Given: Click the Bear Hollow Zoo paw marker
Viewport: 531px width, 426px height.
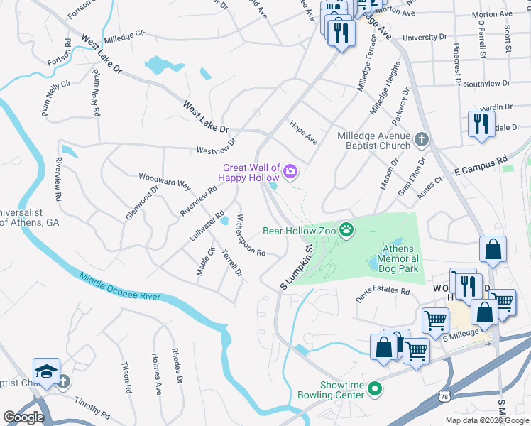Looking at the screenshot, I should pyautogui.click(x=346, y=229).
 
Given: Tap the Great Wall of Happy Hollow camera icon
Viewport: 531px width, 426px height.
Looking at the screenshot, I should pyautogui.click(x=290, y=171).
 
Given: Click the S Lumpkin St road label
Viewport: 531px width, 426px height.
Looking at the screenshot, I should pyautogui.click(x=297, y=267).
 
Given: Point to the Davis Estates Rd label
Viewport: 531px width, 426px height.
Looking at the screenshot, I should pyautogui.click(x=383, y=291).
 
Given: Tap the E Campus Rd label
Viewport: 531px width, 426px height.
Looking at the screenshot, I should pyautogui.click(x=482, y=165).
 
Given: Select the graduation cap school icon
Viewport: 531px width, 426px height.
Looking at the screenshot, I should pyautogui.click(x=46, y=371).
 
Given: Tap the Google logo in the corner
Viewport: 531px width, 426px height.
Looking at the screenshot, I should pyautogui.click(x=23, y=417).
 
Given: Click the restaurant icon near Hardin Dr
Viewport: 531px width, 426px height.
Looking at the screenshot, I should pyautogui.click(x=481, y=124).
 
